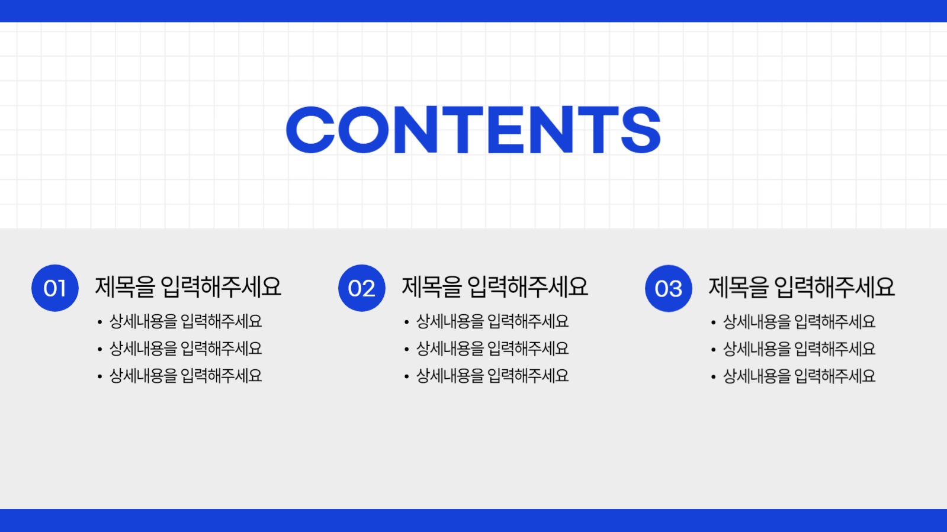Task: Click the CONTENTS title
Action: (473, 130)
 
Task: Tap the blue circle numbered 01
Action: (55, 288)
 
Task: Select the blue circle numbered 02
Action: (362, 288)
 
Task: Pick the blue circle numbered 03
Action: (669, 288)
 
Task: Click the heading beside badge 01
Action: (188, 287)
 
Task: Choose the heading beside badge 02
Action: (495, 287)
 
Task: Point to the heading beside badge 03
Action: (802, 287)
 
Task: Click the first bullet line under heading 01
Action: (185, 321)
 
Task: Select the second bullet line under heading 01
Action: (185, 349)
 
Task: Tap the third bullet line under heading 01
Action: (185, 376)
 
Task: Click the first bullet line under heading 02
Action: (492, 321)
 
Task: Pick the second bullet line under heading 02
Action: (492, 349)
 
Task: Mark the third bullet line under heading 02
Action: (492, 376)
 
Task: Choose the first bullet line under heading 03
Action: (799, 321)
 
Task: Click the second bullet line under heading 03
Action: (799, 349)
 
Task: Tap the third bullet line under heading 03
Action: (799, 376)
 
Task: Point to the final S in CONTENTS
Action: (640, 130)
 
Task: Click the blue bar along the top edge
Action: (473, 11)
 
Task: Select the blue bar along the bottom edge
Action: (473, 520)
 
